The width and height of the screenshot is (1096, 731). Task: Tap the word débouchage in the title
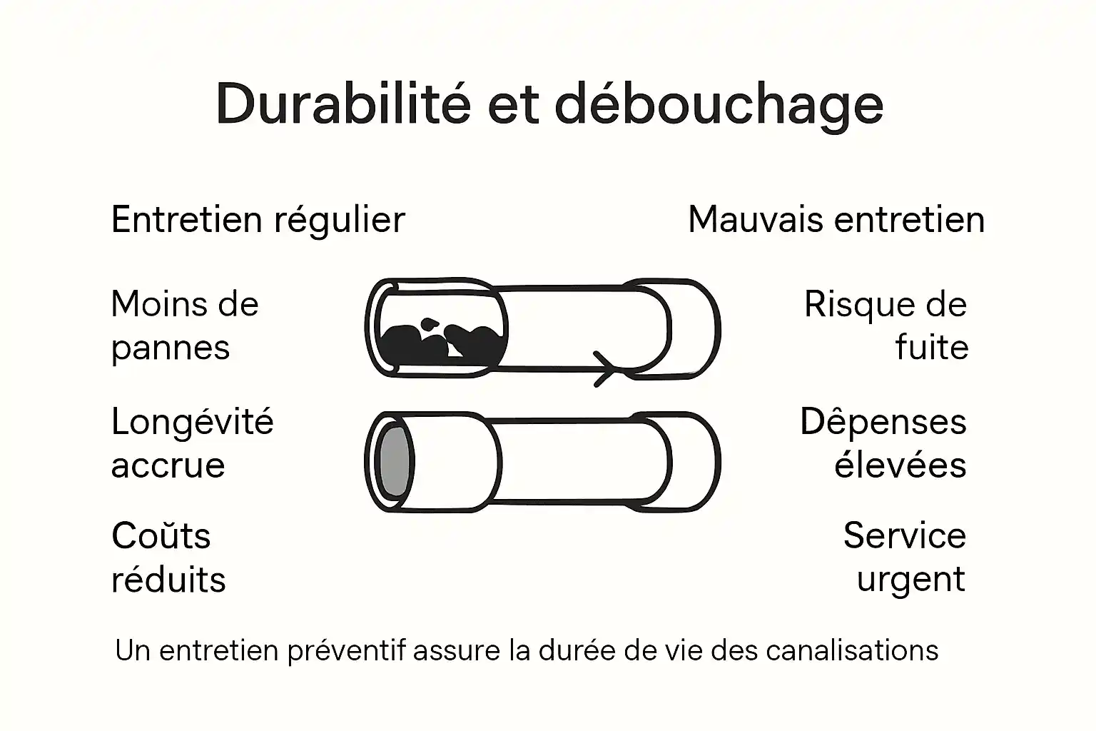(719, 106)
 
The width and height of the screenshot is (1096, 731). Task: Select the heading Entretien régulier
(258, 219)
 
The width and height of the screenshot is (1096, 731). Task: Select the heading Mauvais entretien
(836, 219)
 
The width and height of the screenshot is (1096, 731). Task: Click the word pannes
(171, 349)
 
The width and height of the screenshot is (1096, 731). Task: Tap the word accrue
(168, 465)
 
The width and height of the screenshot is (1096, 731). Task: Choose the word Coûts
(161, 535)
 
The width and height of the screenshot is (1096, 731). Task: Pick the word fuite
(931, 348)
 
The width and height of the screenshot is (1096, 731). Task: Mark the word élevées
(900, 465)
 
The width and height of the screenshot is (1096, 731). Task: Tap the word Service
(904, 535)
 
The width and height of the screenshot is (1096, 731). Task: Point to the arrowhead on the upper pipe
(605, 368)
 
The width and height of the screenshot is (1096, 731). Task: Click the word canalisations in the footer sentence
(852, 650)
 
